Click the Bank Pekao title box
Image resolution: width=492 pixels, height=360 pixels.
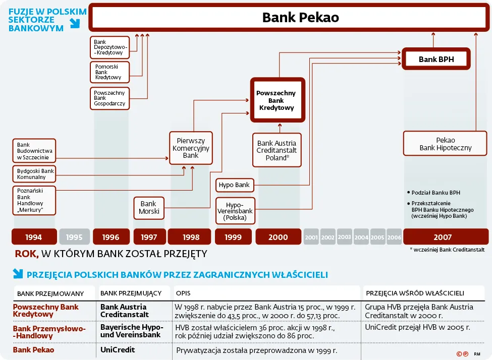click(x=300, y=18)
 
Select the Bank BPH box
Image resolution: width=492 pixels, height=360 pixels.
click(x=436, y=59)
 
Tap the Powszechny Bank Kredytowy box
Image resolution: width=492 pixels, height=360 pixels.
click(x=277, y=100)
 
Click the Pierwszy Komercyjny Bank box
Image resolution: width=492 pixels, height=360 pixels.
click(x=191, y=148)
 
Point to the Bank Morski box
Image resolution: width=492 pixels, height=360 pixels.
click(x=149, y=208)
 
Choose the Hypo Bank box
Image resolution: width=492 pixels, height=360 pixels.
click(x=234, y=185)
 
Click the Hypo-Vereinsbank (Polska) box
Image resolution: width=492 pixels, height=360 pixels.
click(x=235, y=211)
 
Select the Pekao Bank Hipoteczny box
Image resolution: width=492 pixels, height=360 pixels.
click(x=445, y=144)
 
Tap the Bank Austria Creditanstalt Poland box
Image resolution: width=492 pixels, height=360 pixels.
click(x=277, y=150)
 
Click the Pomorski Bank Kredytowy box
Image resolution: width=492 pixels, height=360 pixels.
click(x=110, y=72)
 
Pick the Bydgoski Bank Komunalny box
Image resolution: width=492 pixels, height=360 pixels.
click(x=34, y=173)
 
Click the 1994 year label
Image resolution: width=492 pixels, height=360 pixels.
click(x=33, y=237)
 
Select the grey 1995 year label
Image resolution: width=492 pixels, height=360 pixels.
click(x=74, y=237)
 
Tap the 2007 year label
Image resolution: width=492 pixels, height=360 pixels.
click(x=443, y=237)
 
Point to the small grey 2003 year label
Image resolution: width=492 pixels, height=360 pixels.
click(x=345, y=237)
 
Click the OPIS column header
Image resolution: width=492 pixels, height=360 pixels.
click(x=183, y=293)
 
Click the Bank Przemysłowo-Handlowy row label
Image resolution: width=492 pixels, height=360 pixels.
click(x=49, y=332)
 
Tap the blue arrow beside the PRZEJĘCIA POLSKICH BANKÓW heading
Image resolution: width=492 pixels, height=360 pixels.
click(x=18, y=274)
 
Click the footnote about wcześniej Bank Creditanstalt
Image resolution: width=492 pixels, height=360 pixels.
click(x=447, y=249)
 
